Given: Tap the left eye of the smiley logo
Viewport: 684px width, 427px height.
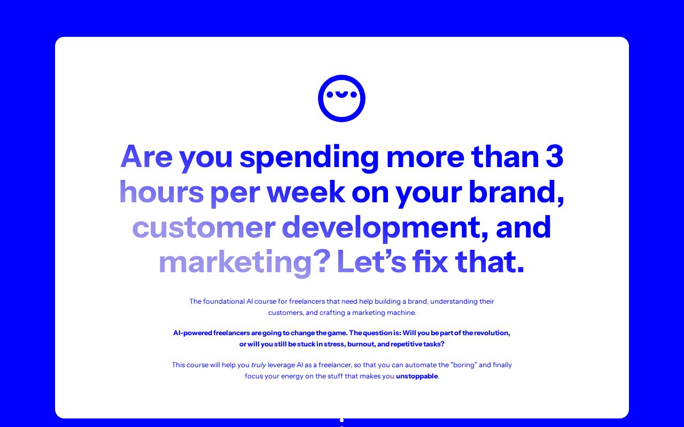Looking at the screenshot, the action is [330, 94].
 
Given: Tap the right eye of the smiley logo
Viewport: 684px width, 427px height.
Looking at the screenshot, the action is [354, 94].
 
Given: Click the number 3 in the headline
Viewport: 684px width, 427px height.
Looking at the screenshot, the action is [555, 156].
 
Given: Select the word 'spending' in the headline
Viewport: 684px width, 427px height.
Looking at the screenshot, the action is [309, 159].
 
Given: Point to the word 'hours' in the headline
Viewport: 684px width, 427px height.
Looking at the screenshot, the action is [161, 192].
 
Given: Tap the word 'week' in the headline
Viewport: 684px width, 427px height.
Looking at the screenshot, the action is [306, 192].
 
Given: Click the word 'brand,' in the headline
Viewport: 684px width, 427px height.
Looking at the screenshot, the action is [516, 193].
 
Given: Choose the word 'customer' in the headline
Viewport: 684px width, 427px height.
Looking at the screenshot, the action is [204, 228].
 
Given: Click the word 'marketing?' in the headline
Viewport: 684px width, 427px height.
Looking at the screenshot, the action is [245, 263].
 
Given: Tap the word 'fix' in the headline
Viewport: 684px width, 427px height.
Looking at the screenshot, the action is [430, 261].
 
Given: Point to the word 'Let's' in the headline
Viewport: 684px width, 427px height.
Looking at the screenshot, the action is [371, 262].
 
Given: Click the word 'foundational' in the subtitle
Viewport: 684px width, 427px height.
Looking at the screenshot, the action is [224, 302].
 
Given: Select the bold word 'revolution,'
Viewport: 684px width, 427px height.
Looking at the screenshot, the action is [492, 333].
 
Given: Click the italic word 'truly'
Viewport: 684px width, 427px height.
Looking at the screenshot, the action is [259, 365].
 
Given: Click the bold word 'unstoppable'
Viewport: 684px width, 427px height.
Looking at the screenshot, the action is [417, 376].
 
